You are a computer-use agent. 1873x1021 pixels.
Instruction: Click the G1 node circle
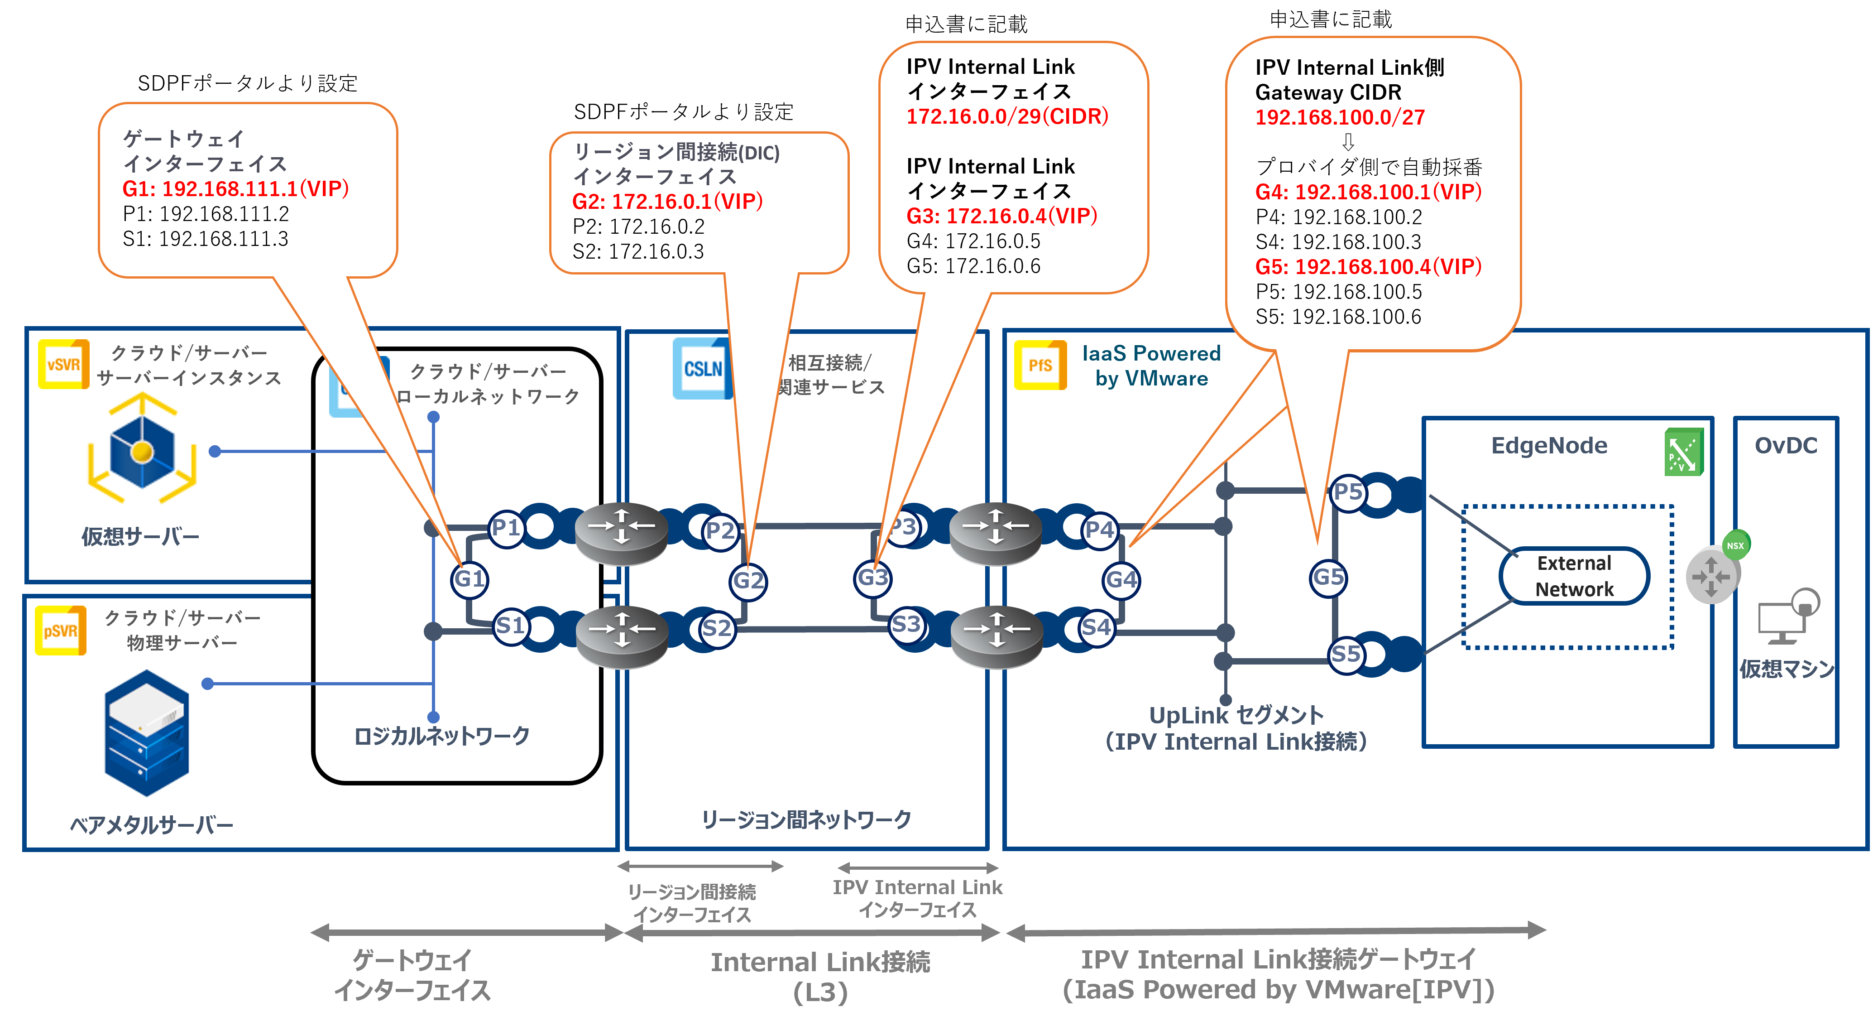(x=469, y=580)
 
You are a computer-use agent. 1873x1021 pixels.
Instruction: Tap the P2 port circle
(x=720, y=531)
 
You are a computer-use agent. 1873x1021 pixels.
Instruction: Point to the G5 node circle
(x=1328, y=578)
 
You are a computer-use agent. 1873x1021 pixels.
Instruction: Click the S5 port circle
(x=1346, y=655)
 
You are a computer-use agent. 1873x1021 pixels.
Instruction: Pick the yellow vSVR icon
(x=63, y=364)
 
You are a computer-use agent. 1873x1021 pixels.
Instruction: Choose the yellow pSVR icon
(x=60, y=631)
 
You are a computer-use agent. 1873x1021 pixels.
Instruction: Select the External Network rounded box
(x=1574, y=576)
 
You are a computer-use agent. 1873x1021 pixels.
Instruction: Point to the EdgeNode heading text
(x=1549, y=446)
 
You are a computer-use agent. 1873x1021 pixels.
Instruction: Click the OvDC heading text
(x=1786, y=446)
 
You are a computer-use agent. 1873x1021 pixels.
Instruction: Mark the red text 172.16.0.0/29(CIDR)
(x=1007, y=116)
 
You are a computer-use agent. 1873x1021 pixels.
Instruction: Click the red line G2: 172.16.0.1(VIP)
(x=667, y=202)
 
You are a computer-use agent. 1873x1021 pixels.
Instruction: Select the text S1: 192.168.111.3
(x=205, y=239)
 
